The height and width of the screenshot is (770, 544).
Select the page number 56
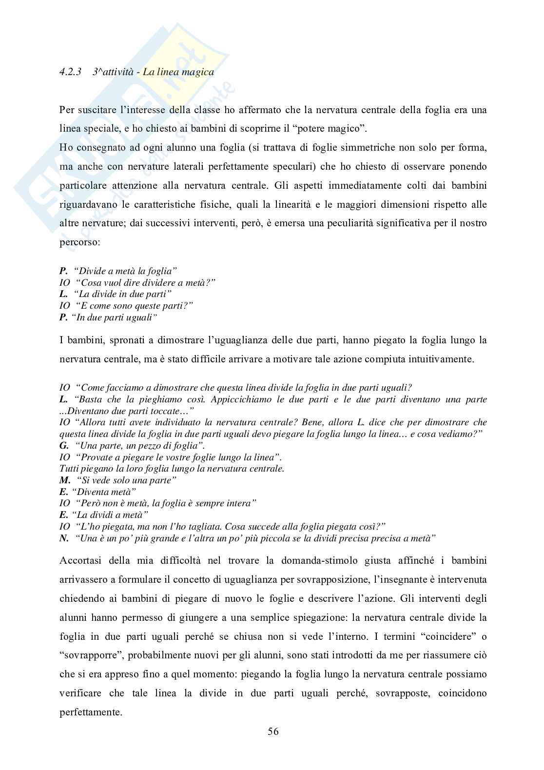[x=273, y=731]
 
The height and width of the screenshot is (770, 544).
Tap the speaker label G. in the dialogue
[x=64, y=446]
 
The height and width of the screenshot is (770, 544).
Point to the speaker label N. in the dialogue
[x=64, y=538]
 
